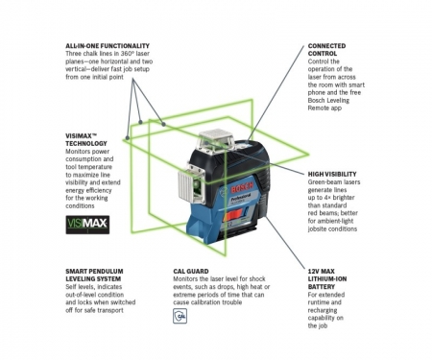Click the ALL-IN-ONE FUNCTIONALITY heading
108,46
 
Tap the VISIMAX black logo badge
87,225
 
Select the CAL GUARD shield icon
180,316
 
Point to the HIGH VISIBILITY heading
332,174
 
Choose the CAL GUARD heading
191,271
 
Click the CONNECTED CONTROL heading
326,50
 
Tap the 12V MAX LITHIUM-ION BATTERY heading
327,278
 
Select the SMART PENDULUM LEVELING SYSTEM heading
94,275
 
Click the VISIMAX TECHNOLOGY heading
86,139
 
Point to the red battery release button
234,216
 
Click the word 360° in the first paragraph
123,54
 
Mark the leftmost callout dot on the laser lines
128,137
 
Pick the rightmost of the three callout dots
163,124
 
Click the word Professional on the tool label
240,198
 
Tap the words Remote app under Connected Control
324,108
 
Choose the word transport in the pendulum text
110,310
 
